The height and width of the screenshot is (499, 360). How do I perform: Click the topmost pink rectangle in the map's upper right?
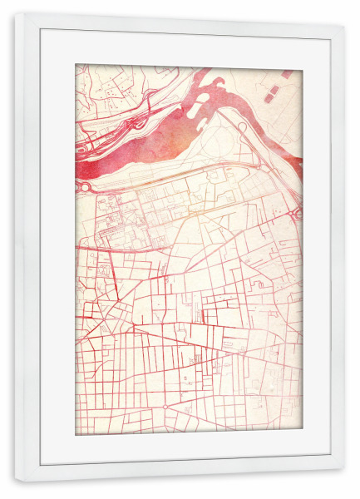click(287, 74)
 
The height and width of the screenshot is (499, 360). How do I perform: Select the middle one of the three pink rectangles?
click(277, 85)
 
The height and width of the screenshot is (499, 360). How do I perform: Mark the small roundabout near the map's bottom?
click(165, 406)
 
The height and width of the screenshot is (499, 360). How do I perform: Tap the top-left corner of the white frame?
click(15, 13)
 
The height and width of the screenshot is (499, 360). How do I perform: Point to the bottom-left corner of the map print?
click(76, 434)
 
